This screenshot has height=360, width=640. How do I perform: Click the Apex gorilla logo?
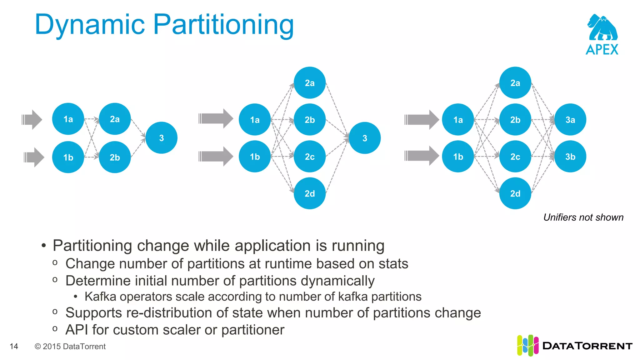click(602, 28)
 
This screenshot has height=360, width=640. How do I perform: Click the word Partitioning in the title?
click(223, 25)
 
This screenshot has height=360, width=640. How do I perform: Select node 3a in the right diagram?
click(570, 120)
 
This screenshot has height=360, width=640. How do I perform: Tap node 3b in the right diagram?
click(570, 157)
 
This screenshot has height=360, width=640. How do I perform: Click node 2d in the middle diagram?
click(310, 193)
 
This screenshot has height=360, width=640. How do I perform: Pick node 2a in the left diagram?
click(115, 119)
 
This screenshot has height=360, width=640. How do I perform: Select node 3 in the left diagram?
click(162, 138)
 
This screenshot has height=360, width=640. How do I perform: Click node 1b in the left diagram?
click(68, 157)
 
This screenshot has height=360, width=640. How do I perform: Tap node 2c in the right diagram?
click(515, 157)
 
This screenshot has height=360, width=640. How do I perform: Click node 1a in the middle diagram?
click(255, 120)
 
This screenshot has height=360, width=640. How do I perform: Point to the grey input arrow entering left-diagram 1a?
click(32, 119)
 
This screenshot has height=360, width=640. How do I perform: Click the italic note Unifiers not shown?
click(583, 217)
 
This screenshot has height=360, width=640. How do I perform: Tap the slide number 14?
click(14, 346)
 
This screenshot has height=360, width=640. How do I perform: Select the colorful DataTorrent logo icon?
click(527, 345)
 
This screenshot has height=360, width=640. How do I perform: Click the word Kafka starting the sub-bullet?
click(100, 297)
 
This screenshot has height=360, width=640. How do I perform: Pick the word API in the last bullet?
click(77, 330)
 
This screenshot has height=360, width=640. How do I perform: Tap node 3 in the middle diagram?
click(365, 138)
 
